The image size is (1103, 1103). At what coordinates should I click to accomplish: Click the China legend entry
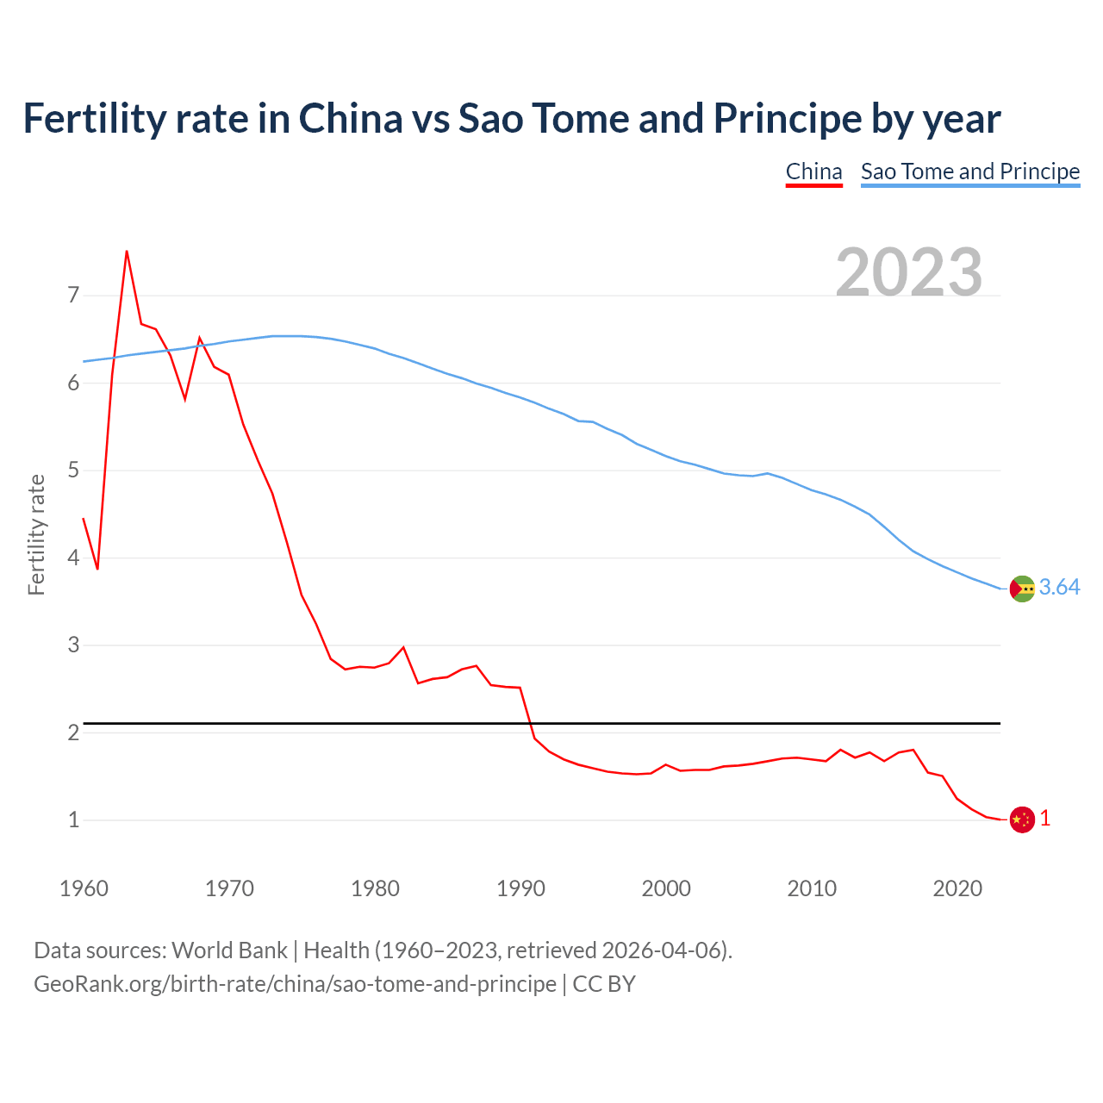(813, 171)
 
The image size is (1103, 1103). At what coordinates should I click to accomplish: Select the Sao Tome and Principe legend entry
(970, 171)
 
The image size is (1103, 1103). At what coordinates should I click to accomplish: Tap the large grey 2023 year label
(909, 272)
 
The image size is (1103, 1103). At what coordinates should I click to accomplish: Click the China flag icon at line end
(1022, 819)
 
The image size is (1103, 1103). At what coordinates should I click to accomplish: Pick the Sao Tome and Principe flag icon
(1022, 589)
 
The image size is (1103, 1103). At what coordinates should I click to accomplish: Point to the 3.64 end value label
(1059, 587)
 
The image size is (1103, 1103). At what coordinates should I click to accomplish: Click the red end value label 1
(1045, 819)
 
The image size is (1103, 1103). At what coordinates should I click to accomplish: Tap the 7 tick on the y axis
(73, 296)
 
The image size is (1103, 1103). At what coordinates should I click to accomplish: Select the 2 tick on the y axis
(73, 732)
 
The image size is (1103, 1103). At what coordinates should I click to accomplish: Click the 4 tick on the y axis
(73, 558)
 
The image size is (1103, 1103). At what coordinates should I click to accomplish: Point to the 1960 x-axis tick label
(84, 888)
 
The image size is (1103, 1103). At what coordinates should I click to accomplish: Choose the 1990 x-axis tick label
(520, 888)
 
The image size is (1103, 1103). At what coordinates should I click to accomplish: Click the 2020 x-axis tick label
(957, 888)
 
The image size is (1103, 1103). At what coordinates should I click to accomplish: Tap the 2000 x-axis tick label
(666, 888)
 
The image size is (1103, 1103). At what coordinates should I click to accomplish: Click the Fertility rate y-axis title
(36, 534)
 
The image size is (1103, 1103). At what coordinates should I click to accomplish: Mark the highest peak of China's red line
(127, 252)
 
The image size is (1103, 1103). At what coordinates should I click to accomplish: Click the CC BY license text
(604, 984)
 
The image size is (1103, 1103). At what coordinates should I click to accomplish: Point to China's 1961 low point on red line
(97, 569)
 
